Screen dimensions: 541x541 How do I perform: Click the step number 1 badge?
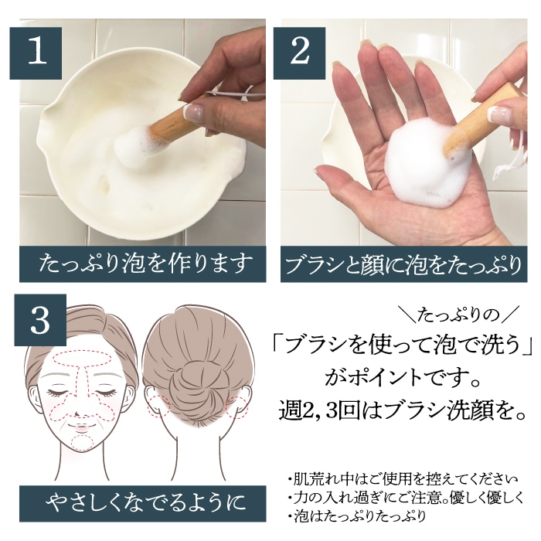(36, 53)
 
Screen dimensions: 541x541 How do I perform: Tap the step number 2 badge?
(300, 53)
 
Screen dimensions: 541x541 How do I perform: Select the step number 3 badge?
(40, 320)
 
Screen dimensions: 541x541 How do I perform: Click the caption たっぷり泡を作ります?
(142, 264)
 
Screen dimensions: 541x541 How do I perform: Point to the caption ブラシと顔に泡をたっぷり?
(403, 264)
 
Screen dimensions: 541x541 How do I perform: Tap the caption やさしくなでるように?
(142, 503)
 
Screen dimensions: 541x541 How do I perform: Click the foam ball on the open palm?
(422, 164)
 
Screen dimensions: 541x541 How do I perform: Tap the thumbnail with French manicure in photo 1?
(194, 111)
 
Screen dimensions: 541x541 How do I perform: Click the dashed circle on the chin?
(83, 443)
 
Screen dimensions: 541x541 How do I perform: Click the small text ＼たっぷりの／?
(461, 315)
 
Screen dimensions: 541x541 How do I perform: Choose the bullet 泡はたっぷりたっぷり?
(357, 516)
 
